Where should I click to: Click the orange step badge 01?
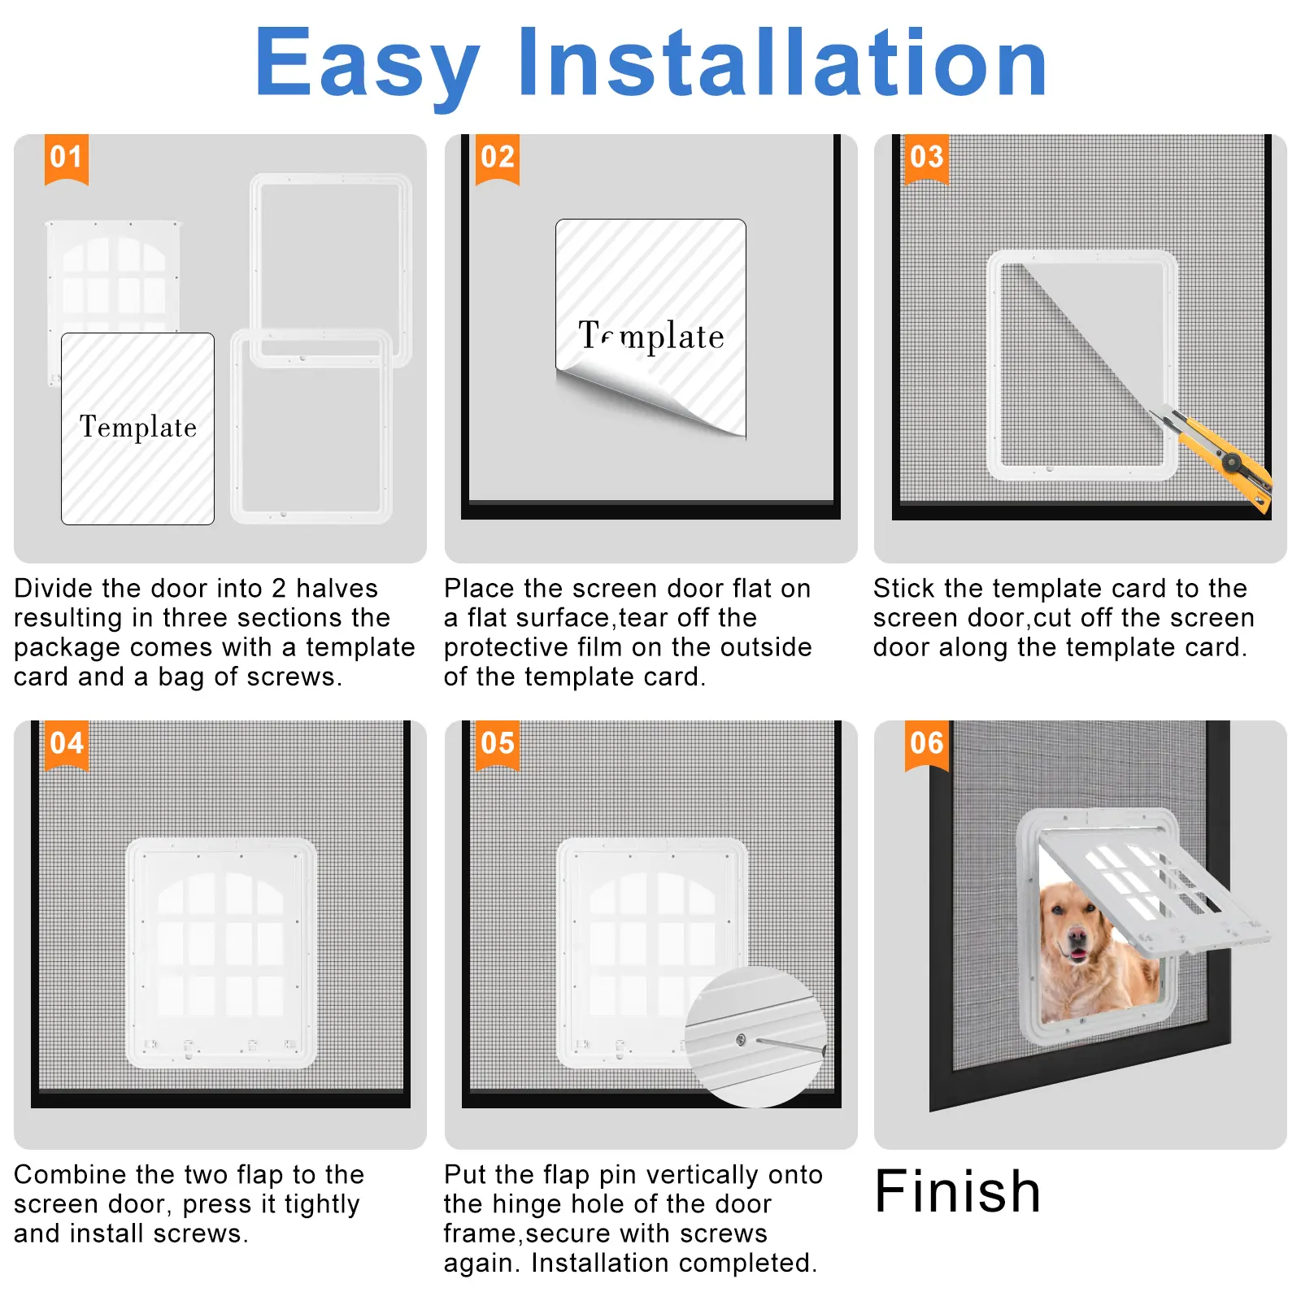tap(67, 159)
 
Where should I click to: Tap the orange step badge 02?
tap(497, 159)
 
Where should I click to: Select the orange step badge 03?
tap(926, 159)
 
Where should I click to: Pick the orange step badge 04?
tap(67, 745)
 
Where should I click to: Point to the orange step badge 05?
tap(497, 745)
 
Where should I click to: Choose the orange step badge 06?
tap(926, 745)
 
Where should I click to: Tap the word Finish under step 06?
tap(957, 1191)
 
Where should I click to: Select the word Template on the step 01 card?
tap(138, 427)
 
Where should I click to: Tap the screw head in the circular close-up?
tap(741, 1039)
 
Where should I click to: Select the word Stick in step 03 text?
tap(905, 588)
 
